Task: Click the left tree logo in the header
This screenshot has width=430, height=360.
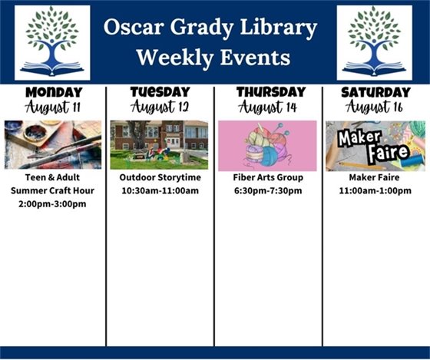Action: pos(52,42)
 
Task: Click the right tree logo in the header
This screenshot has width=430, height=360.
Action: pos(375,42)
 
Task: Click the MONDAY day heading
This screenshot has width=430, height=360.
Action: pos(54,92)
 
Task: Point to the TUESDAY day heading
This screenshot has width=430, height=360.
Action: pos(160,92)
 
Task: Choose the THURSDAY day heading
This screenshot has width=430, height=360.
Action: pos(267,92)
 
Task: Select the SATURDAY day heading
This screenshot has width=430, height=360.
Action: pos(375,92)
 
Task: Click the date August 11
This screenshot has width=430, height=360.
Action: pos(54,107)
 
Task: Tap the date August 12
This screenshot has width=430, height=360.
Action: pos(160,107)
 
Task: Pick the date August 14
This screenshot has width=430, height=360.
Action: pos(267,107)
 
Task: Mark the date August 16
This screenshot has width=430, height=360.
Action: pos(375,107)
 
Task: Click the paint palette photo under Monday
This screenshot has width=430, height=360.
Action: pos(52,144)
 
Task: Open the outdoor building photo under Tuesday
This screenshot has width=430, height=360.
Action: pos(159,144)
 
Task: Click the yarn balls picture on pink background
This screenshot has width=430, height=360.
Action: pos(267,145)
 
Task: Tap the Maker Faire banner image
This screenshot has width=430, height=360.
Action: pos(375,145)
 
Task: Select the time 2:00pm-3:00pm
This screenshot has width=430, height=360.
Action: pos(53,204)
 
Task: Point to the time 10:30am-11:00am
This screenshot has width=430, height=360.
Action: pos(160,191)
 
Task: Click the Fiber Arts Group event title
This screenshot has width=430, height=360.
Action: pos(267,178)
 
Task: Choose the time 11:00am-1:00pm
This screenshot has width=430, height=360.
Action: pos(375,191)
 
